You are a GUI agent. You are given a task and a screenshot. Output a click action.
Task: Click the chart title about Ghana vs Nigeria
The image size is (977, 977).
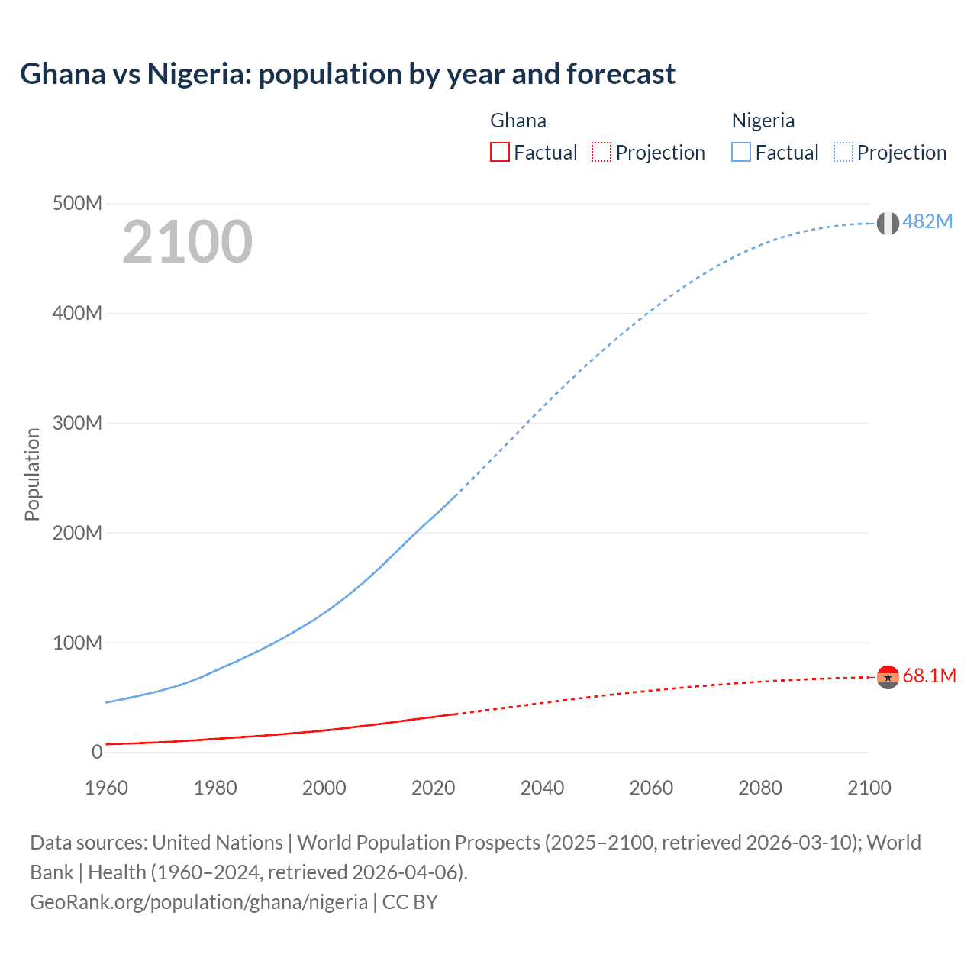[347, 74]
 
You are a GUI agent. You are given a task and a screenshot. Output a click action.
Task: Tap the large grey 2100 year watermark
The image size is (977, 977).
[187, 241]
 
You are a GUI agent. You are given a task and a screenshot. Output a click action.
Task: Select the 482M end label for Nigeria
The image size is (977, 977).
[927, 221]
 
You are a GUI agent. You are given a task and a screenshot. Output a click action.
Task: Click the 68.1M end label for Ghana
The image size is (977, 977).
[929, 676]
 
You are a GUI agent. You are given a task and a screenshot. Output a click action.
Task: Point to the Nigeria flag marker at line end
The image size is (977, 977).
[888, 223]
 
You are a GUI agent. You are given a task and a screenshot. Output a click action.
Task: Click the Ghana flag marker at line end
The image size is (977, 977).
[888, 676]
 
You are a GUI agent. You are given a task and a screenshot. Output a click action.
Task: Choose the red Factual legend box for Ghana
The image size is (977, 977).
[500, 152]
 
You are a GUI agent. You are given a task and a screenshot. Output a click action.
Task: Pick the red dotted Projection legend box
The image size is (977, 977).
[601, 152]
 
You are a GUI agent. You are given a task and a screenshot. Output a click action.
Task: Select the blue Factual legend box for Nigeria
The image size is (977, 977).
[741, 152]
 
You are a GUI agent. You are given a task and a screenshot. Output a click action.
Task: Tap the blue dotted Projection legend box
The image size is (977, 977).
[843, 152]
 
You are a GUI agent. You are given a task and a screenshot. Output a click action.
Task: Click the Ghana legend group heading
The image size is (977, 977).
[518, 121]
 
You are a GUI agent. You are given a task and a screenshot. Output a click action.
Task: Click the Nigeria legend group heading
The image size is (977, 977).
[763, 121]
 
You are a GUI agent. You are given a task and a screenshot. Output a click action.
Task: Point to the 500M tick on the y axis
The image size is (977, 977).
[77, 203]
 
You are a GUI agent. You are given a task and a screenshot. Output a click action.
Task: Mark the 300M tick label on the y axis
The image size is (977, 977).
[77, 423]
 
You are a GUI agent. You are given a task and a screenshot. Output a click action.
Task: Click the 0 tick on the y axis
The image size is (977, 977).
[96, 752]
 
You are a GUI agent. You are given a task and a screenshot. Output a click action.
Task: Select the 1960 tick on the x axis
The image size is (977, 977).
[106, 788]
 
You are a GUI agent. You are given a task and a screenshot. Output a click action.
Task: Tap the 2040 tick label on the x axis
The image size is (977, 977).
[542, 788]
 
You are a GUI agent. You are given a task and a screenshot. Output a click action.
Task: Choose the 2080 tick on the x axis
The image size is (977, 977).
[760, 788]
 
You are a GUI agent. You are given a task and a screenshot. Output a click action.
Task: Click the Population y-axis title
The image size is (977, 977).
[32, 474]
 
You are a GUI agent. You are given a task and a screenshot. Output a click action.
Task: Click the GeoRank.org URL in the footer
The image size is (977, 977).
[199, 902]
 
